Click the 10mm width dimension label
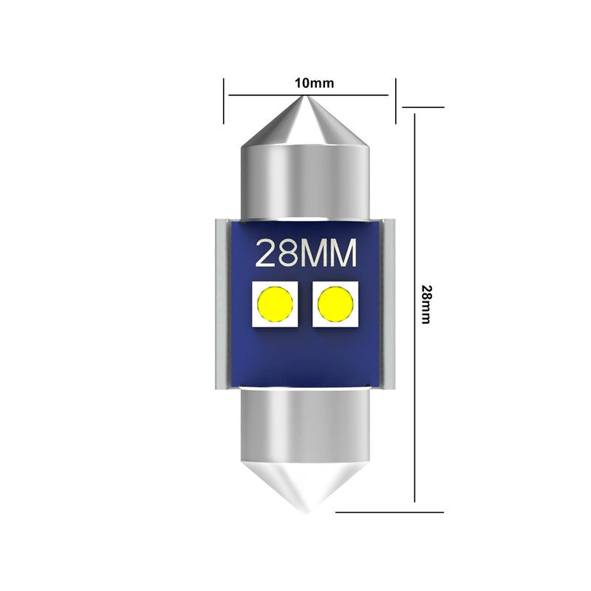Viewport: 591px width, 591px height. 314,83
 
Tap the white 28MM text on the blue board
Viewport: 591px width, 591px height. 306,254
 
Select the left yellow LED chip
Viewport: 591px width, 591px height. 275,304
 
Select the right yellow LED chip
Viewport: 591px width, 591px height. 336,304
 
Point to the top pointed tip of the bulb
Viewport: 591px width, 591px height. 306,98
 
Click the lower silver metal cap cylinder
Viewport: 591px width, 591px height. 306,425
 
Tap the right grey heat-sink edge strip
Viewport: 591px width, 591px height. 389,304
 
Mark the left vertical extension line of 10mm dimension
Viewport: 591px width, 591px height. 224,100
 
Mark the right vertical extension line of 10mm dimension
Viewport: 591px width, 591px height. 396,100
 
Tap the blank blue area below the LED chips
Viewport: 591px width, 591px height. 306,358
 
